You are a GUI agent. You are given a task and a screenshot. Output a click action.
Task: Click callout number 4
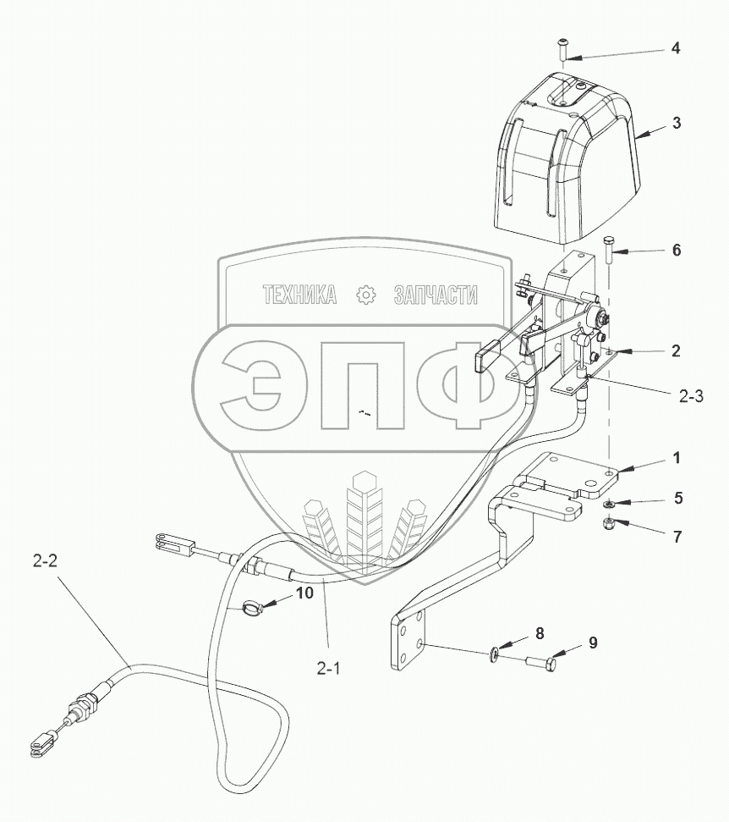coord(676,48)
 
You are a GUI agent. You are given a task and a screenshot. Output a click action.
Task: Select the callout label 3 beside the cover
coord(677,122)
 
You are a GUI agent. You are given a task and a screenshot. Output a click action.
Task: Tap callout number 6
coord(676,251)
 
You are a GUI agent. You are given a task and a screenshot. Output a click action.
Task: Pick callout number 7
coord(677,537)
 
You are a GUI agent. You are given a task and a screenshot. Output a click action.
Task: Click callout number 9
coord(592,643)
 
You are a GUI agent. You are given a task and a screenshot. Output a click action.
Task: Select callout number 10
coord(304,593)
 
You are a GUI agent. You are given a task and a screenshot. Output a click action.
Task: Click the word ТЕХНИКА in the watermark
coord(300,295)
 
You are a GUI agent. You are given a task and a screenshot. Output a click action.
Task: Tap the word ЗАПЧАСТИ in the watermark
coord(436,295)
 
